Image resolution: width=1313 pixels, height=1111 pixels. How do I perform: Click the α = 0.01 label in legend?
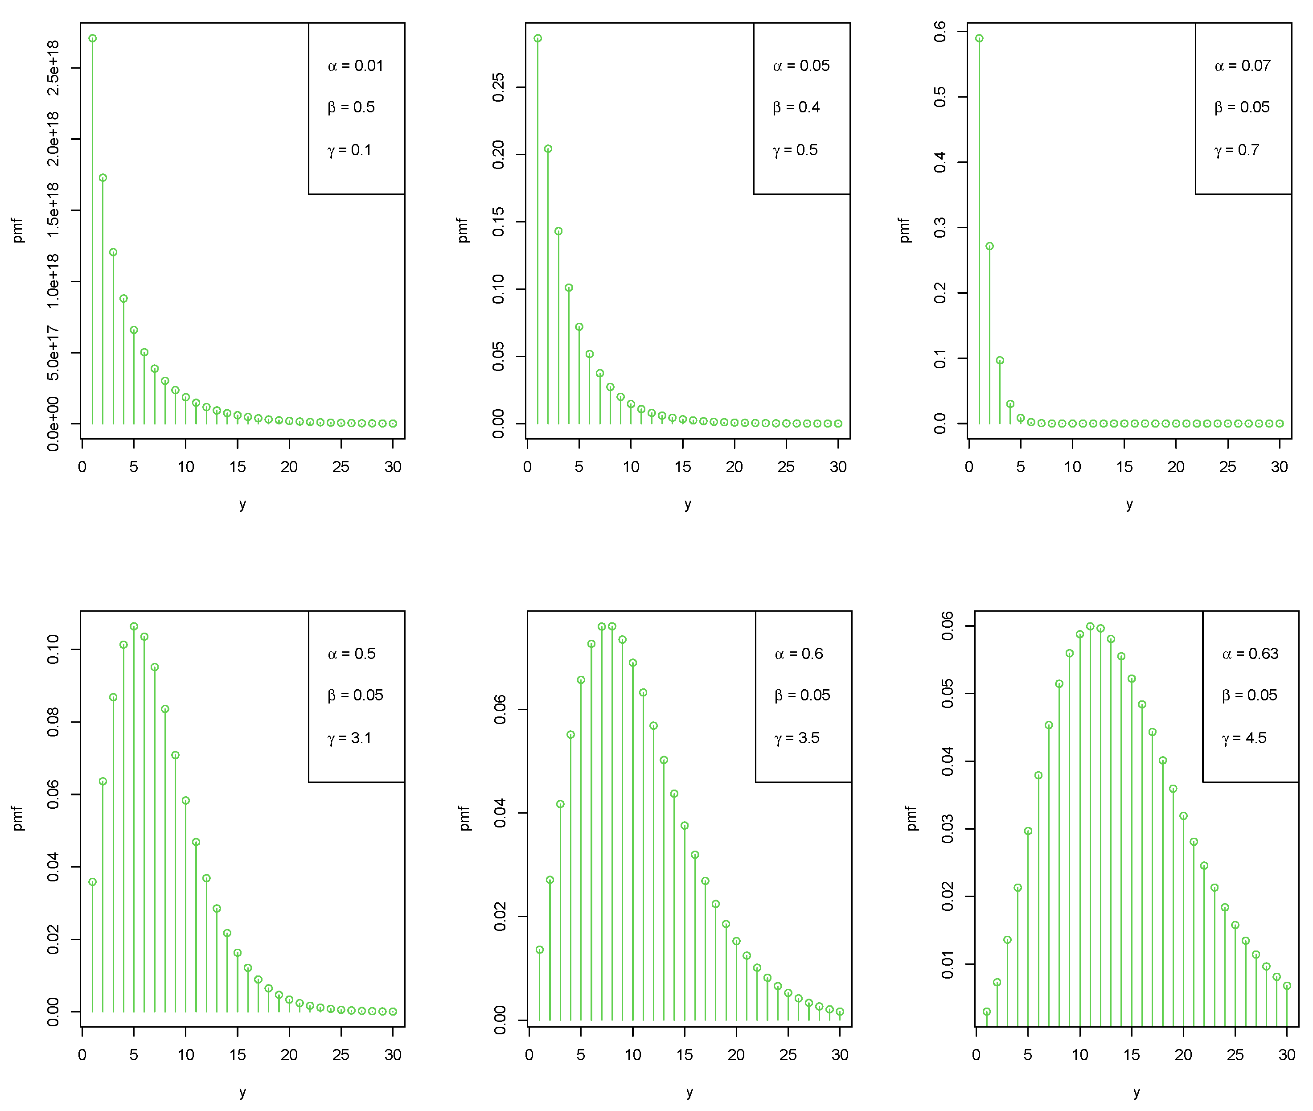(355, 66)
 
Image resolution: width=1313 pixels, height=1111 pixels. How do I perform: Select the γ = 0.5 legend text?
(795, 150)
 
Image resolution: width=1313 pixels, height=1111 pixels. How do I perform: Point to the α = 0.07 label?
(1242, 66)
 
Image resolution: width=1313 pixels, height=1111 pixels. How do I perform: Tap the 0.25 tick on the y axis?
(499, 87)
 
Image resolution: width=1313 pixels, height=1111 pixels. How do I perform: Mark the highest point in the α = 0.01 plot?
(93, 38)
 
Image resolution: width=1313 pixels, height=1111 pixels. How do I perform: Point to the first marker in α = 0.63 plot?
(987, 1012)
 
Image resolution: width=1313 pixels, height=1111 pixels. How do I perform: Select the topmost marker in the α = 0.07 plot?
(979, 38)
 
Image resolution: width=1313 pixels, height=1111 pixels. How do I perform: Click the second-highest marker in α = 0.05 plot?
(548, 149)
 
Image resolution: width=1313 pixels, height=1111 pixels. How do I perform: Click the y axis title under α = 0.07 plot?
(1129, 504)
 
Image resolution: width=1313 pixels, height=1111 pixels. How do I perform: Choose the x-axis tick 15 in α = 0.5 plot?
(238, 1054)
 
